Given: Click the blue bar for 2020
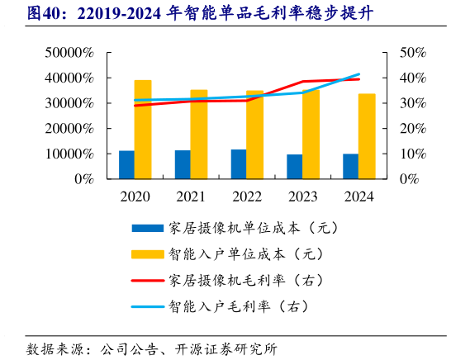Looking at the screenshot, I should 126,164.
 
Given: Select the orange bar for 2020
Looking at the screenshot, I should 143,130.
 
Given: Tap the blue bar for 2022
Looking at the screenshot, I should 239,163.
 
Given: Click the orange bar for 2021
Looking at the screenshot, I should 199,134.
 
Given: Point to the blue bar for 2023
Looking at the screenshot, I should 295,166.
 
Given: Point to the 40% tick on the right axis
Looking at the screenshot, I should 412,78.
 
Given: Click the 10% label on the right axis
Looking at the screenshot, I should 412,154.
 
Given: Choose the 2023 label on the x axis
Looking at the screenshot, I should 302,197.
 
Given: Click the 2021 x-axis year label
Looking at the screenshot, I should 191,197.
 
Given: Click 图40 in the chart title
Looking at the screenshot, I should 25,14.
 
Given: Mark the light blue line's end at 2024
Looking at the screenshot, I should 359,74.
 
